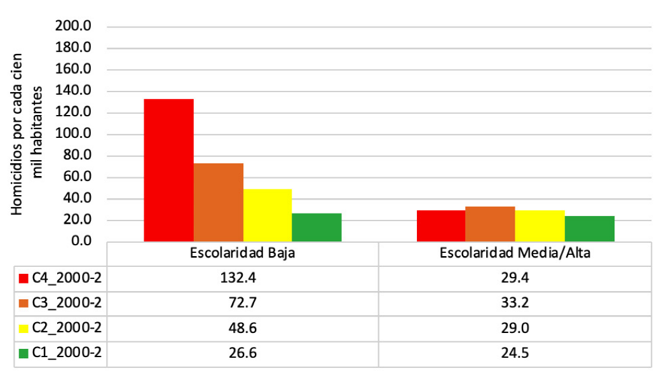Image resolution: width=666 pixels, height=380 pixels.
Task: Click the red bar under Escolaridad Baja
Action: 168,170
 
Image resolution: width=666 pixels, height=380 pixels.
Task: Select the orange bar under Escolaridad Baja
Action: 218,202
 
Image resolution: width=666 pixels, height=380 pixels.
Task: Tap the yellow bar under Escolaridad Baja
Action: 268,215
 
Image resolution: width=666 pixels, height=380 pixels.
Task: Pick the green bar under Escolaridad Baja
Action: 316,227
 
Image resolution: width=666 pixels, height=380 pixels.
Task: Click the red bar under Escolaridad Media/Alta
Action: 441,226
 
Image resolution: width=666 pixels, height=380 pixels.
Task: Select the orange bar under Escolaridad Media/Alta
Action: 490,224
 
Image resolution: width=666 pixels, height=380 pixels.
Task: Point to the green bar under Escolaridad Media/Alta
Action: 590,229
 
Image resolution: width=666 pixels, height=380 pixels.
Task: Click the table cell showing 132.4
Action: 243,278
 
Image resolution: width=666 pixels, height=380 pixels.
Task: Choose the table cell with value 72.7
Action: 243,304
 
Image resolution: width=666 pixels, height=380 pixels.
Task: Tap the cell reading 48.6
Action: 243,329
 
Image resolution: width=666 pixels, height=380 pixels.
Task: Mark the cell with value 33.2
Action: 515,304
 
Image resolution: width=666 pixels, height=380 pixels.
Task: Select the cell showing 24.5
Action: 515,354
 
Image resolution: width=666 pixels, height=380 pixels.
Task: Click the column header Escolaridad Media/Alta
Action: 515,253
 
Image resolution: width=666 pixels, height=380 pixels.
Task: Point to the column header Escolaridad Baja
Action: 243,253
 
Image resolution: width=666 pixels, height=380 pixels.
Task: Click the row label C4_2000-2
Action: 66,278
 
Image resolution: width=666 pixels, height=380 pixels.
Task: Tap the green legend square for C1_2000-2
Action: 24,354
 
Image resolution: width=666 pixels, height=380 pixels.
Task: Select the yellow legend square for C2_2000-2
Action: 24,329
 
